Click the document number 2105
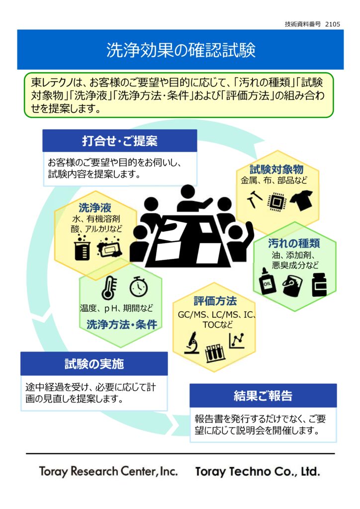333,23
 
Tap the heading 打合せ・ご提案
119,141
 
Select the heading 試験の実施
94,364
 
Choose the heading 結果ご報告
263,396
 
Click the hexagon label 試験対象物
276,169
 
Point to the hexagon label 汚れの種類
294,243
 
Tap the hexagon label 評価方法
215,301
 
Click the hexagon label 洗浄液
94,207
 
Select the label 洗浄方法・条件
121,325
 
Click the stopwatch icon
138,287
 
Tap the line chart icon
237,340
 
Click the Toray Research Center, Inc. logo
108,471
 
